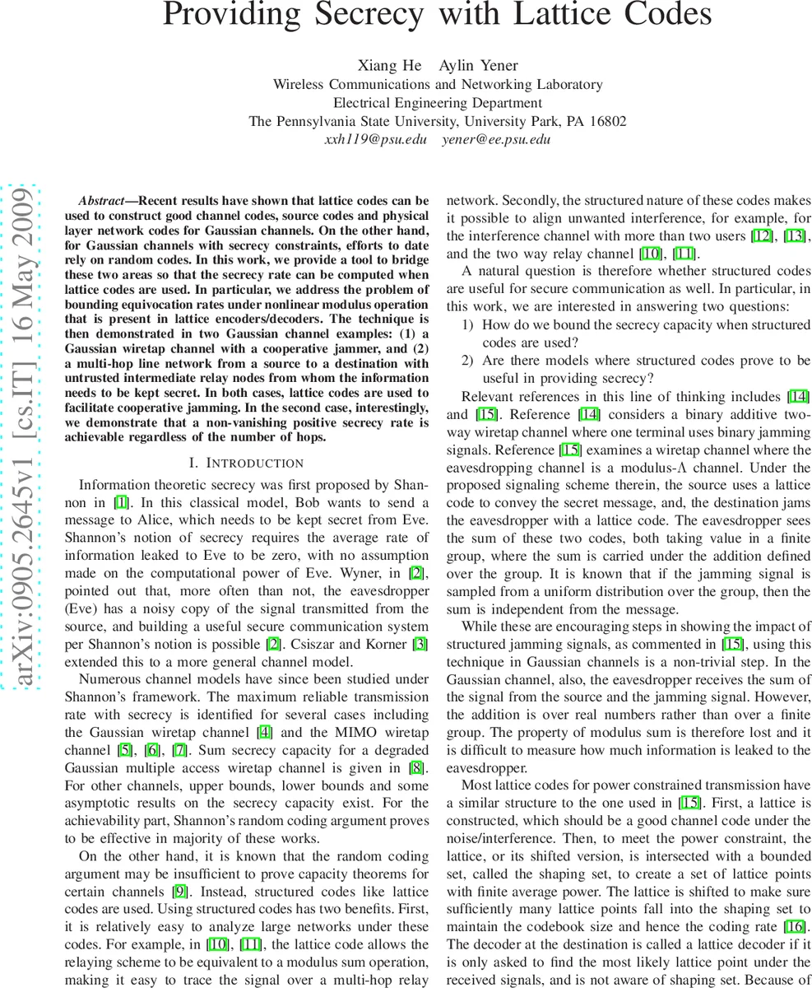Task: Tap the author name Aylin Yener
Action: [x=479, y=66]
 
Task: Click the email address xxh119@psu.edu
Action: [x=375, y=139]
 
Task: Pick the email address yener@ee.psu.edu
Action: [x=496, y=139]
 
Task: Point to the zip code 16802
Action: [x=606, y=121]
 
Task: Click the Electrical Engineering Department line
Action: [x=437, y=103]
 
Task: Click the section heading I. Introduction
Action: [x=246, y=463]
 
